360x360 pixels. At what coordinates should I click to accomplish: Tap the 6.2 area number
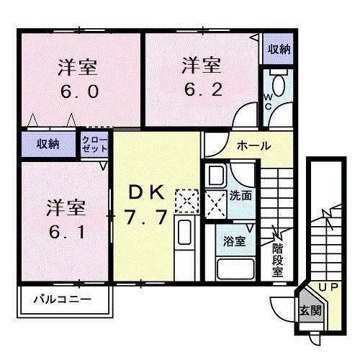(199, 91)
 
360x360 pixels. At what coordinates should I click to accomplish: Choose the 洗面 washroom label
(241, 194)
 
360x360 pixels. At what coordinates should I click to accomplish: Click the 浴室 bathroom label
(235, 241)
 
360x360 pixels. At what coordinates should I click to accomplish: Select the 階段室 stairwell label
(277, 262)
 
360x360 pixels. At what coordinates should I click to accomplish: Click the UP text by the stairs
(328, 287)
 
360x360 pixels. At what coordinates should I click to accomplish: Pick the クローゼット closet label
(95, 143)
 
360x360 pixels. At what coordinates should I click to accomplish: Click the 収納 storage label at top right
(279, 49)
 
